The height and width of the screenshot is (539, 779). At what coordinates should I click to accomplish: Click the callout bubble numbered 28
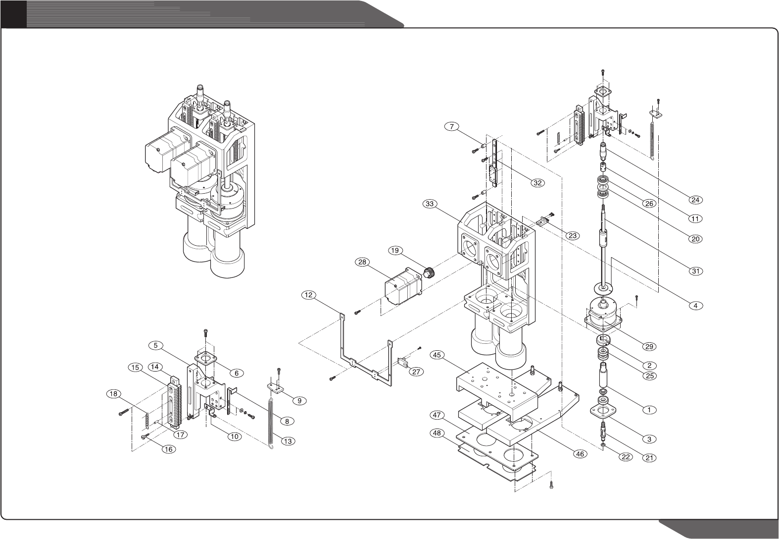click(x=362, y=262)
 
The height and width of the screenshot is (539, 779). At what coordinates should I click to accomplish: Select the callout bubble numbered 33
click(x=430, y=203)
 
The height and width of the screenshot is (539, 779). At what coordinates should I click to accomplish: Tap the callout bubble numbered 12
click(x=308, y=295)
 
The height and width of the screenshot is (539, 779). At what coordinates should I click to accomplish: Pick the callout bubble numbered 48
click(x=437, y=433)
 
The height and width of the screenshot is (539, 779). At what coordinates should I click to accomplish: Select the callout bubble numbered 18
click(x=113, y=394)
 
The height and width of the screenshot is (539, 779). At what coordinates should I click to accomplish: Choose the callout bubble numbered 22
click(x=626, y=457)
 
